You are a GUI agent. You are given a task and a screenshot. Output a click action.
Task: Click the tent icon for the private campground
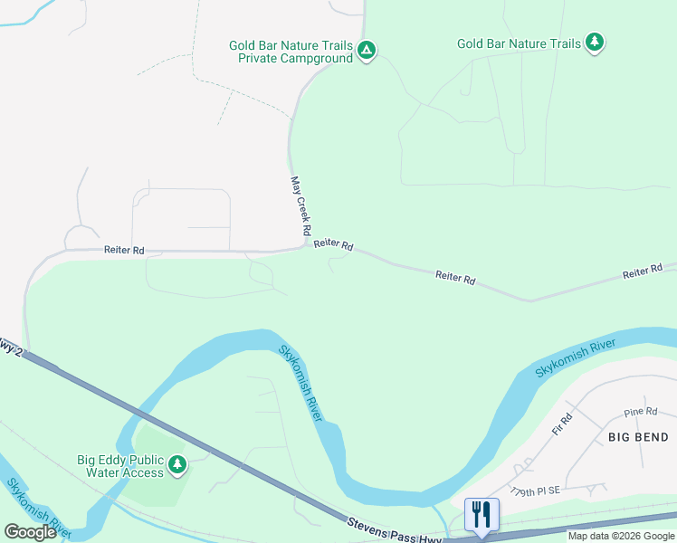[x=366, y=51]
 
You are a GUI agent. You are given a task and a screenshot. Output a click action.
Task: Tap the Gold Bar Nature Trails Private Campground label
[x=290, y=51]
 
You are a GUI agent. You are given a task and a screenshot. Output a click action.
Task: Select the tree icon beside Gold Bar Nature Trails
[x=594, y=43]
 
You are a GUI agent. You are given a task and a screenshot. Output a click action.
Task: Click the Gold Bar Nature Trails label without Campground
[x=519, y=43]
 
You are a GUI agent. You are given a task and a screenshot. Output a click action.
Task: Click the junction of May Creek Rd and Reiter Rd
[x=304, y=247]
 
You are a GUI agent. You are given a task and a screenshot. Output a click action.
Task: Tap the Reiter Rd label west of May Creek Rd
[x=124, y=250]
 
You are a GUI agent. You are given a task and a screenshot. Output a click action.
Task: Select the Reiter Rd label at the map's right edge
[x=643, y=272]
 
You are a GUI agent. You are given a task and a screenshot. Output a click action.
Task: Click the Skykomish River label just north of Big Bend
[x=575, y=359]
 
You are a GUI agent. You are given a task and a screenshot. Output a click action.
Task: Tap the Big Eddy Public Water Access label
[x=125, y=466]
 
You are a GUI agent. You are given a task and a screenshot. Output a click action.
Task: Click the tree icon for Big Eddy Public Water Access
[x=177, y=465]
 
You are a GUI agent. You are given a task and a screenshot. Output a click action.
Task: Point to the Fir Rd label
[x=564, y=424]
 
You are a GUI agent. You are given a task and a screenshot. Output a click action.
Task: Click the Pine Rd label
[x=640, y=412]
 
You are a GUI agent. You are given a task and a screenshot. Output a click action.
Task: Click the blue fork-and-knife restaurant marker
[x=482, y=514]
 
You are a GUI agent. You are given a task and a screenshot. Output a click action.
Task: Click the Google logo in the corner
[x=31, y=532]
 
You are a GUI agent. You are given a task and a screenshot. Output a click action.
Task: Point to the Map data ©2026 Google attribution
[x=621, y=536]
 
